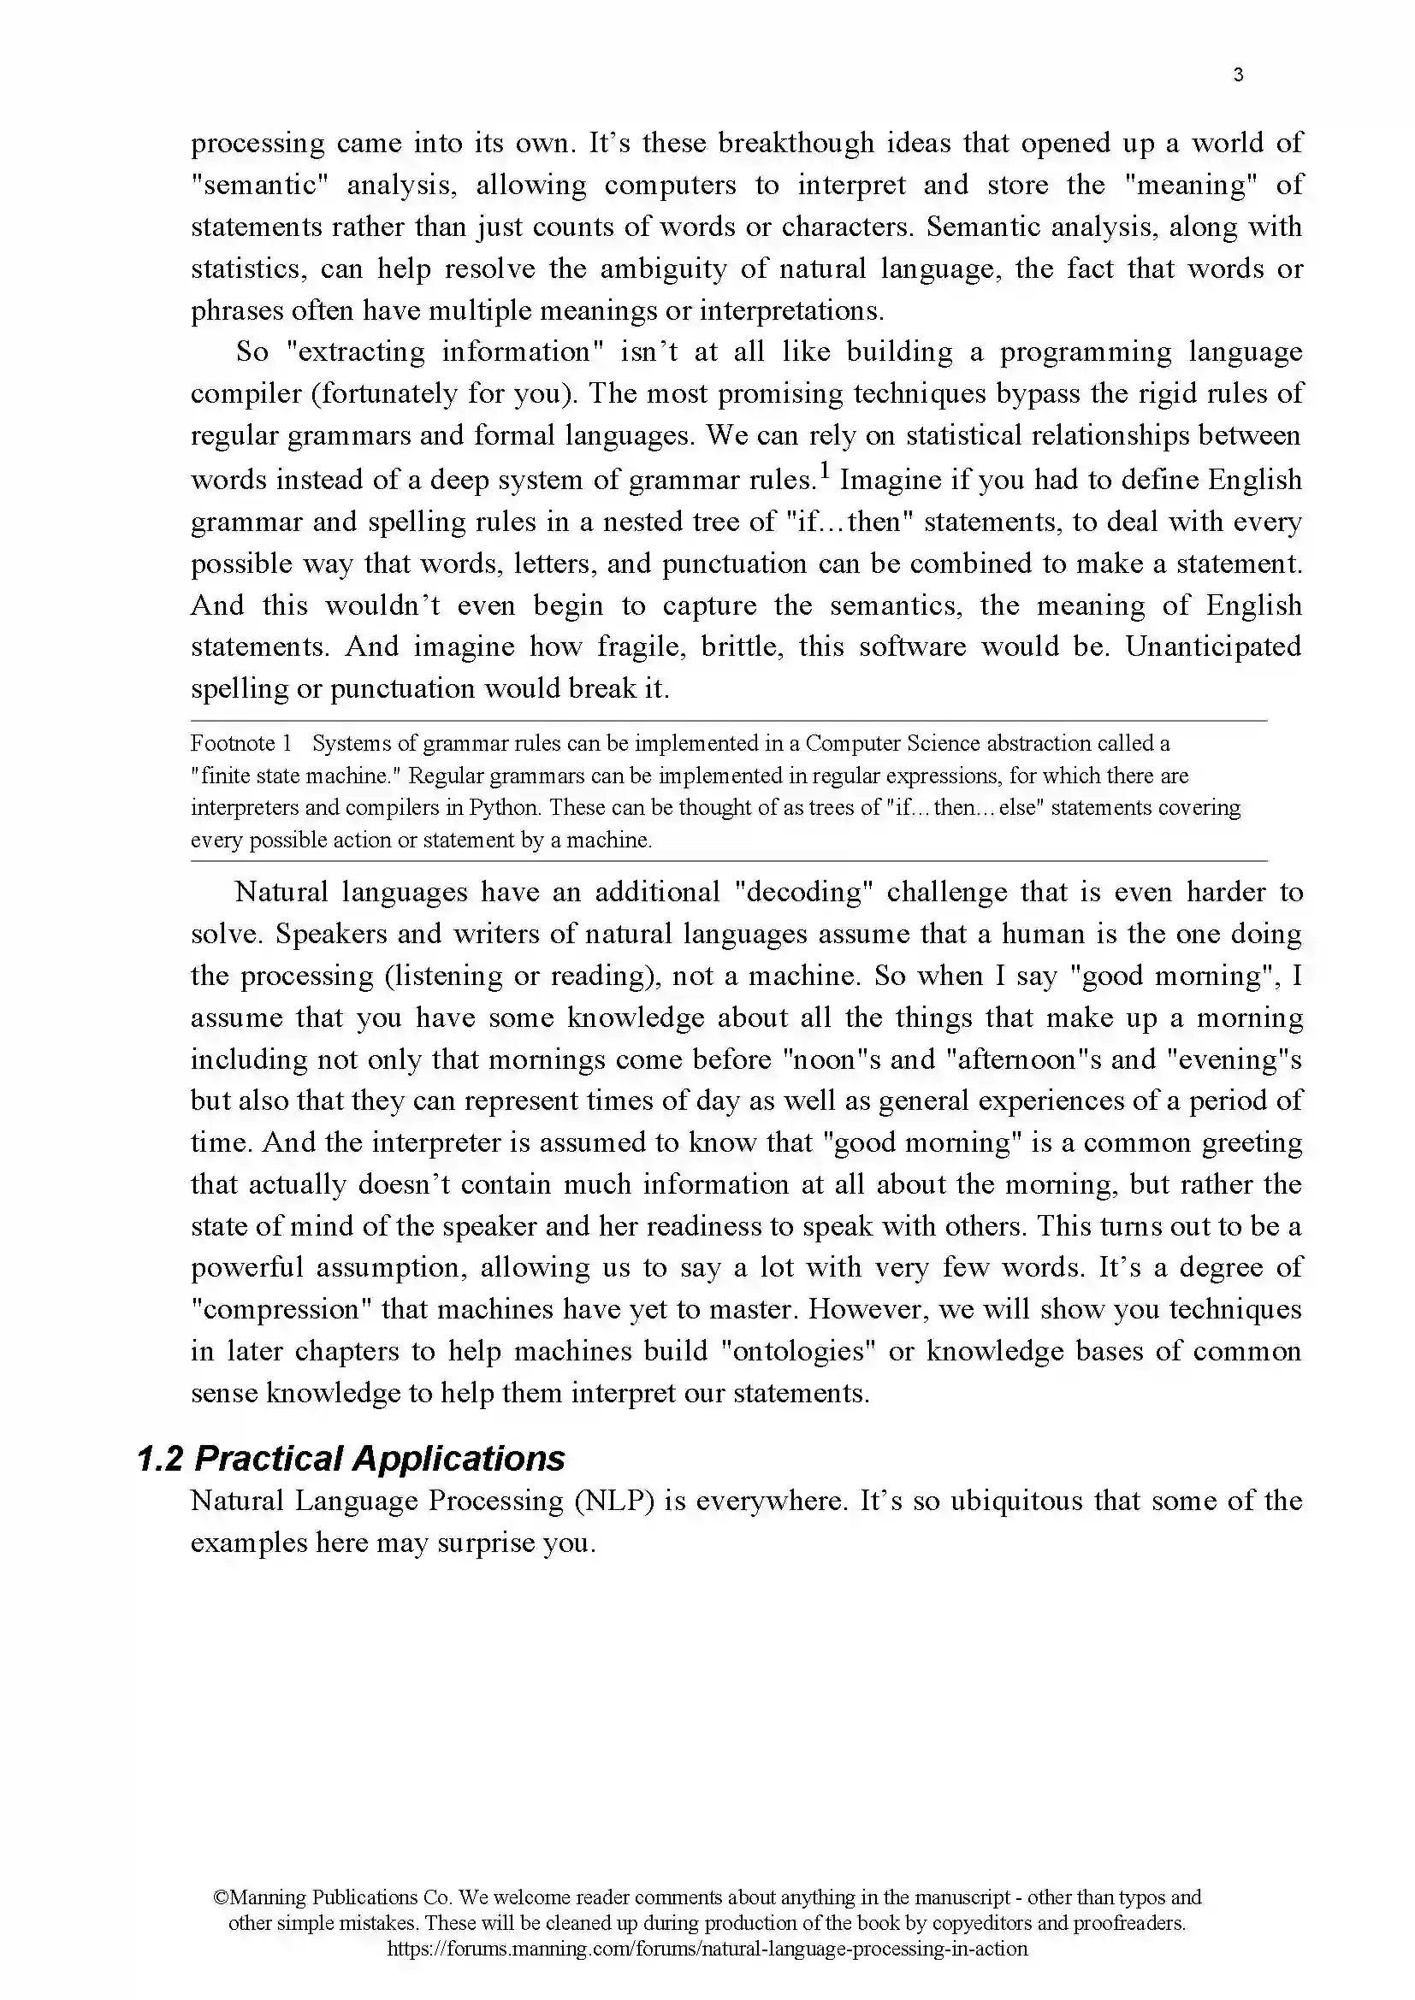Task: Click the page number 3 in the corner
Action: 1238,75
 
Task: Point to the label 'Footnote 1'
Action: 240,743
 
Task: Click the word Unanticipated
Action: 1212,646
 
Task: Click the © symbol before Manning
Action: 220,1897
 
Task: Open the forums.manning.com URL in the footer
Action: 707,1949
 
